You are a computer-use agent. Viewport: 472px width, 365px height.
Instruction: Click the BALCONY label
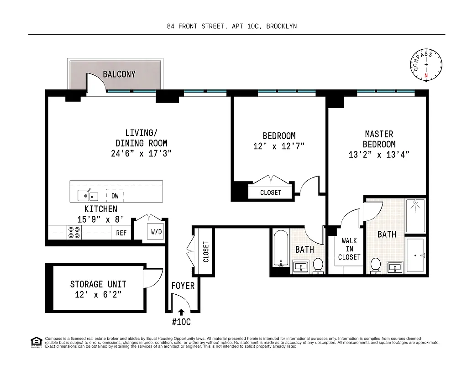(119, 74)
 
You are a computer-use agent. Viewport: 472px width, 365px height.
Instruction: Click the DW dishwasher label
(115, 196)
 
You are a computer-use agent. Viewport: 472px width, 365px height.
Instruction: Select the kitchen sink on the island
(88, 196)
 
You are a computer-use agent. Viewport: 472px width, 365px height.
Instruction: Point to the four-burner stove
(73, 233)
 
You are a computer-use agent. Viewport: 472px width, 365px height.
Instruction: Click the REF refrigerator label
(121, 233)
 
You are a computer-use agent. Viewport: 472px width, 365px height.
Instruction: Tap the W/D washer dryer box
(156, 232)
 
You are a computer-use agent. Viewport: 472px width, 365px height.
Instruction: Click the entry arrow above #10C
(181, 313)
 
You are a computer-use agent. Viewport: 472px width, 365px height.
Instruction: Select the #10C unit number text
(181, 322)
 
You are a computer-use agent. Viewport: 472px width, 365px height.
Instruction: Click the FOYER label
(183, 286)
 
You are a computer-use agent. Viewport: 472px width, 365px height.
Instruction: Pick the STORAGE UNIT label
(98, 284)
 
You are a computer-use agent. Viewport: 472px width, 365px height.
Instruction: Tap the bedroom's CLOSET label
(271, 193)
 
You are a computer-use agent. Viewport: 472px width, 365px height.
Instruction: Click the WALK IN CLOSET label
(349, 249)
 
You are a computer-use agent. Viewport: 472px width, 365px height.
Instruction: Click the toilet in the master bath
(376, 265)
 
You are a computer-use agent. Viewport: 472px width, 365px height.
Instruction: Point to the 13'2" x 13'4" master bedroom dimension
(378, 154)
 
